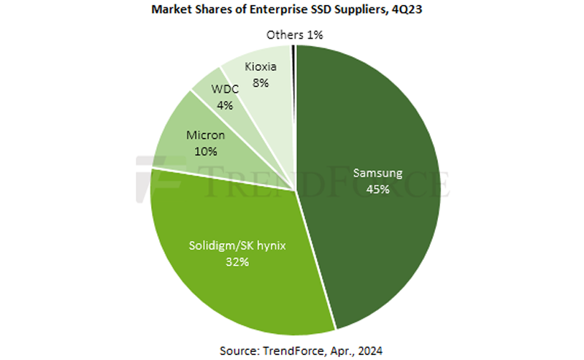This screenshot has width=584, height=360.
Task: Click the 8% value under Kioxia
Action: pos(261,83)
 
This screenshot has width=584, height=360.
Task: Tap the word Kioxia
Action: pos(260,68)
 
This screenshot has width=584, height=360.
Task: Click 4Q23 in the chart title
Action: pos(416,11)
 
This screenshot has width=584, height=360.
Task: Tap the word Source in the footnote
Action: pos(237,346)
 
